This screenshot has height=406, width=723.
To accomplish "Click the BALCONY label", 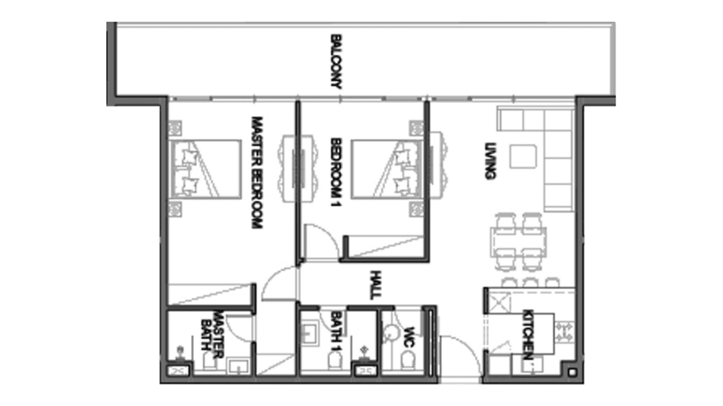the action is [x=336, y=61].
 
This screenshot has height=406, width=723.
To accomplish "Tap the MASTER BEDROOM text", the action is [x=257, y=172].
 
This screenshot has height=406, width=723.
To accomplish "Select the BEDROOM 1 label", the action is [x=336, y=172].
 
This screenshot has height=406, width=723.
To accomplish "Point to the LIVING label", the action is [x=490, y=161].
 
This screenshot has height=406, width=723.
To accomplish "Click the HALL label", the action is [x=375, y=285].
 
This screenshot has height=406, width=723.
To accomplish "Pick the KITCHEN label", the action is [x=528, y=335].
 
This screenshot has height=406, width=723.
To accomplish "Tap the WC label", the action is [x=409, y=337].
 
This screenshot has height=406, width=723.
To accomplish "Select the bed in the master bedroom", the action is [x=206, y=169].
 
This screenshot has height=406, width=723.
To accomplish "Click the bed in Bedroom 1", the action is [x=387, y=169].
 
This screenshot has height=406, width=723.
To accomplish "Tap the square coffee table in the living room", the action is [x=523, y=156].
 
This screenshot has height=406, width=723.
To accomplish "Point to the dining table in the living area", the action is [x=518, y=242].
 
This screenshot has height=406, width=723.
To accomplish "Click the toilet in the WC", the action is [x=408, y=361].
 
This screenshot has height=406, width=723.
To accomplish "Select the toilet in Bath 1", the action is [x=335, y=361].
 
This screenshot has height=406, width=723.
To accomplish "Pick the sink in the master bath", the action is [x=238, y=366].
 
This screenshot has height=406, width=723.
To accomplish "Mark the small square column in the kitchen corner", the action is [x=572, y=373].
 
